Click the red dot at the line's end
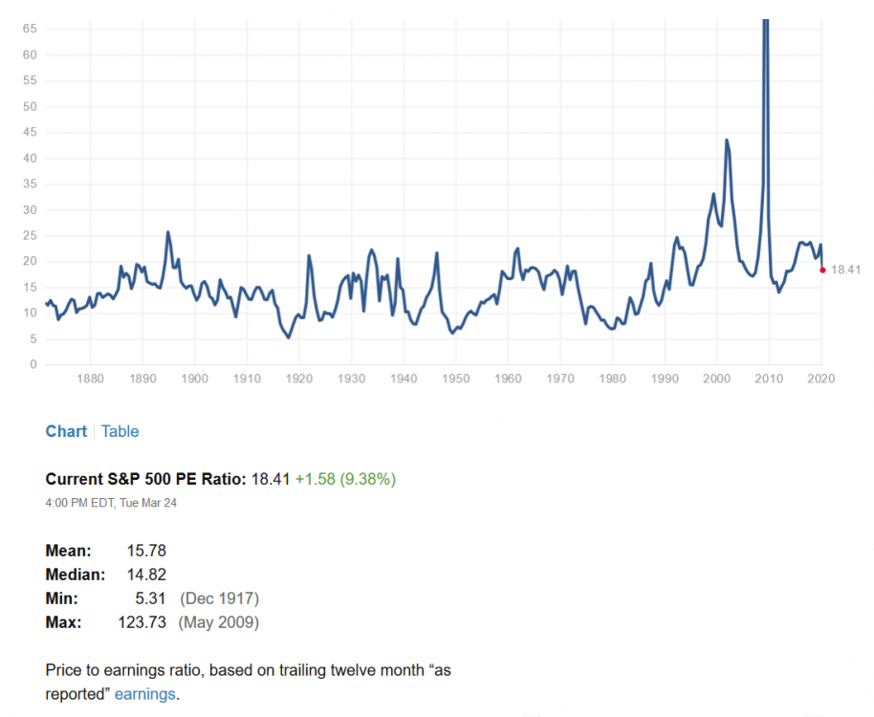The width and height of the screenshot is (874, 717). tap(823, 270)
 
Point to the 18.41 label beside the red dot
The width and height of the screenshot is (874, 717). tap(845, 270)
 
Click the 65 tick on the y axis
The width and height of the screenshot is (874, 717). tap(30, 30)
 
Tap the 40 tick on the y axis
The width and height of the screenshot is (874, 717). tap(30, 159)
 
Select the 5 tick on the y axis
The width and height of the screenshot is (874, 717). tap(33, 339)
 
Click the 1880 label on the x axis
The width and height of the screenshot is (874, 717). tap(90, 379)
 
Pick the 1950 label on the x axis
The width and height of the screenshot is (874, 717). tap(455, 379)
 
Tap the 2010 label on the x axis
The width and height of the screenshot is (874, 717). tap(769, 379)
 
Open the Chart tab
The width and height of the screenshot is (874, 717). tap(66, 431)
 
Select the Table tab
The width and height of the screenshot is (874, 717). tap(120, 431)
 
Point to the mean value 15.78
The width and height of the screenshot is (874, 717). tap(146, 551)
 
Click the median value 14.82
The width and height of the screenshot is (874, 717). tap(146, 575)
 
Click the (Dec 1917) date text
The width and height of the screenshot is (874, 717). tap(219, 598)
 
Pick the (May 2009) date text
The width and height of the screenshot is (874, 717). tap(219, 622)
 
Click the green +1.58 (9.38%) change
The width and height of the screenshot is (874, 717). tap(345, 479)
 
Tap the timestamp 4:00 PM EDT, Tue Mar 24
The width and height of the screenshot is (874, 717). tap(111, 503)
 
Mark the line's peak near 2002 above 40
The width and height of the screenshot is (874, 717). tap(727, 141)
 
